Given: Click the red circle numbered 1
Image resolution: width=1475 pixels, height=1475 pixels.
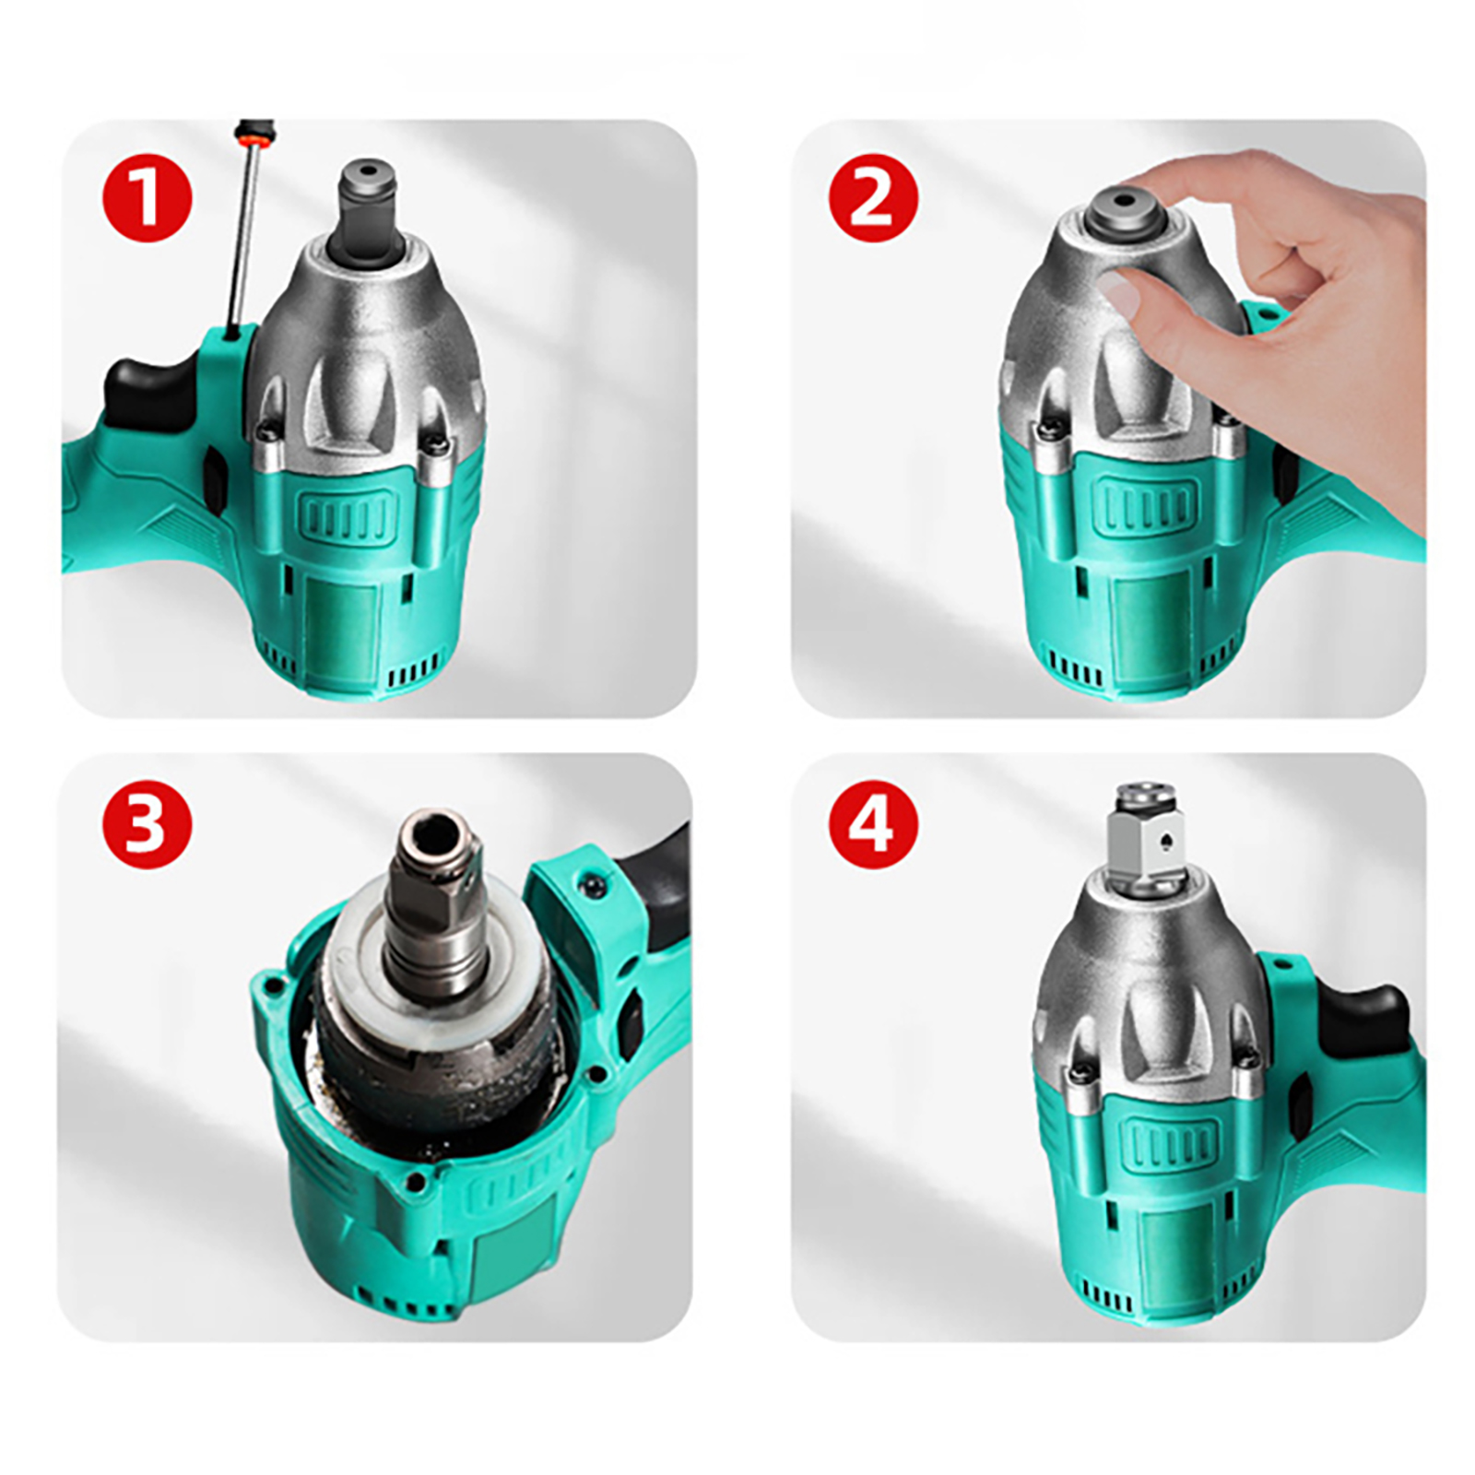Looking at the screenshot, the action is (x=147, y=198).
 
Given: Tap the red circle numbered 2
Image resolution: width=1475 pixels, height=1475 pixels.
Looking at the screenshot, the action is (x=873, y=198).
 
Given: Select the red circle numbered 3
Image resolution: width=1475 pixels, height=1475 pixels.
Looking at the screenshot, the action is (x=147, y=823).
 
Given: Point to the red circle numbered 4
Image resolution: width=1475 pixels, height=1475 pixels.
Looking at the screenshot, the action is (x=873, y=823).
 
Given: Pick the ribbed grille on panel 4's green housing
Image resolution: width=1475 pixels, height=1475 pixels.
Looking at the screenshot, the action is (x=1169, y=1144).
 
